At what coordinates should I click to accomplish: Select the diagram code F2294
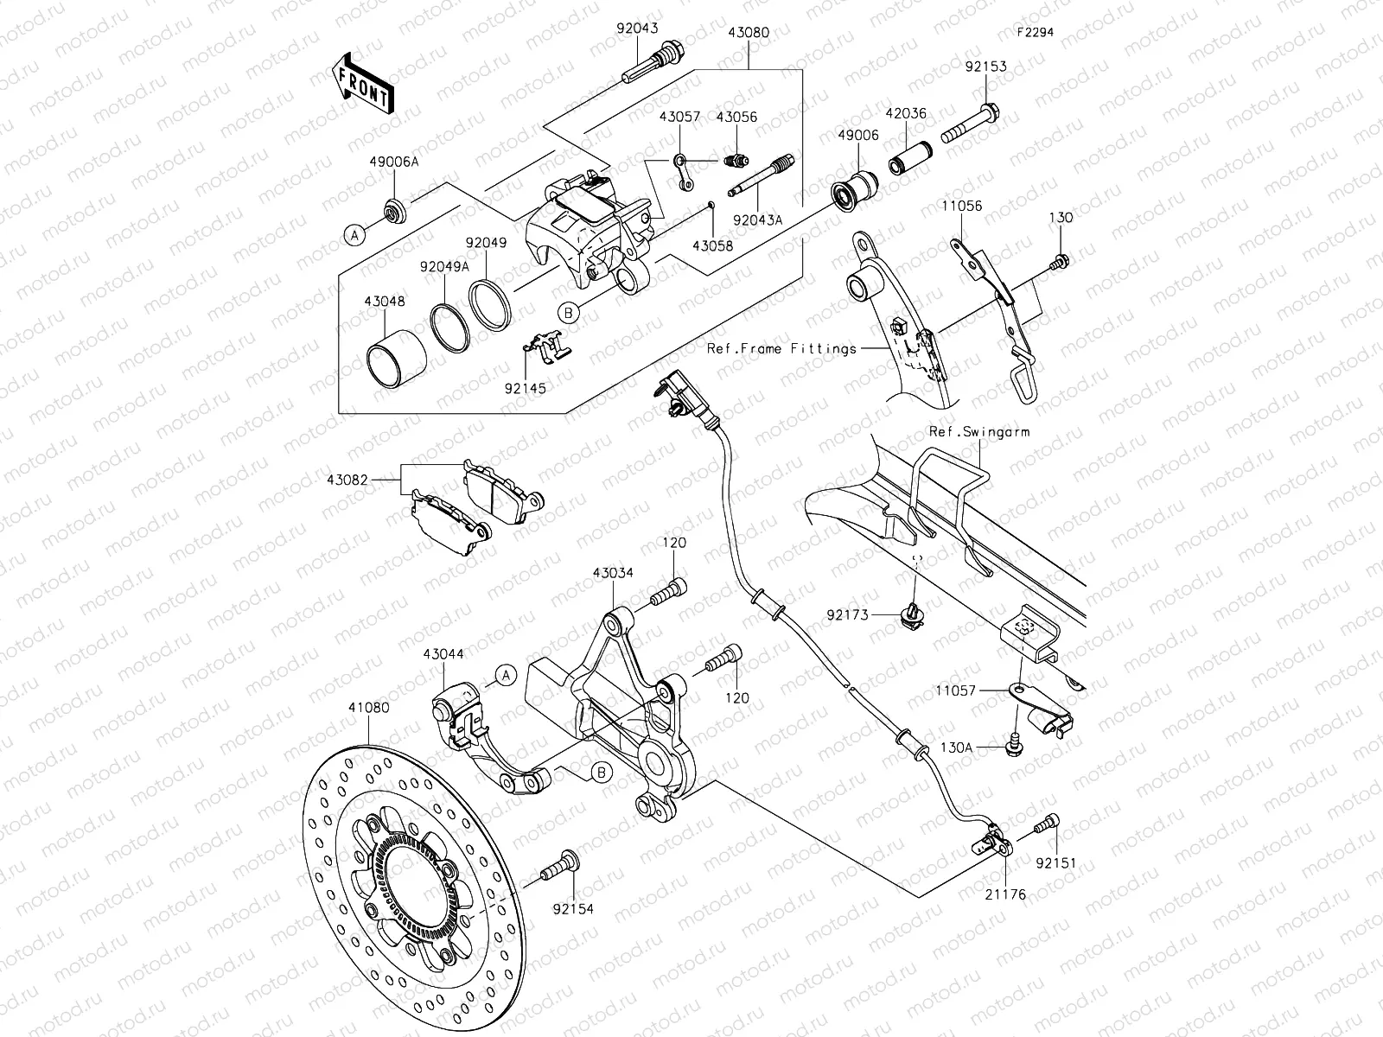[1035, 32]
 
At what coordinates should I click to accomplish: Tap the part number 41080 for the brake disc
[369, 707]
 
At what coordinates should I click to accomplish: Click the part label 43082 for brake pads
[349, 478]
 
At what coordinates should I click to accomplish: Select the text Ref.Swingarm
[979, 431]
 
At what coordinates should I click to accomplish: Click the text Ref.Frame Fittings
[781, 348]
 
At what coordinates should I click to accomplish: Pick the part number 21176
[1004, 894]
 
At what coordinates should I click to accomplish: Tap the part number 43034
[613, 572]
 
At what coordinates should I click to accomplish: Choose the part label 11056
[962, 207]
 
